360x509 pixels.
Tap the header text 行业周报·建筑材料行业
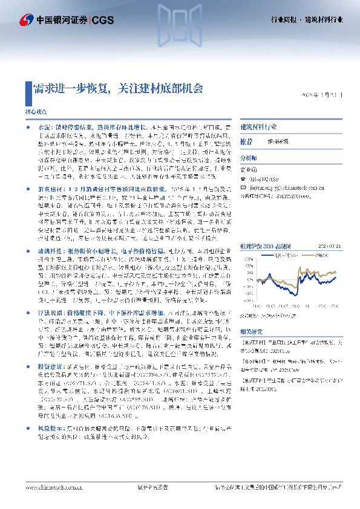(x=306, y=20)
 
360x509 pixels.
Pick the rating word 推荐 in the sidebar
(x=246, y=140)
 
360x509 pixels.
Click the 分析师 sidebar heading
(x=249, y=157)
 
